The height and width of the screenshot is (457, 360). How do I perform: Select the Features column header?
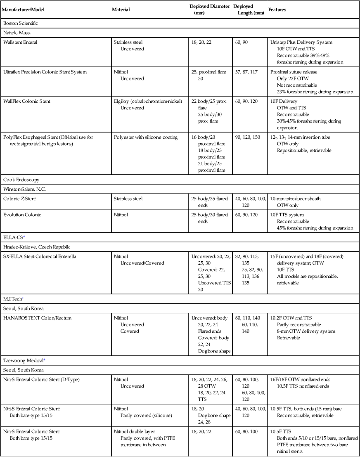click(277, 9)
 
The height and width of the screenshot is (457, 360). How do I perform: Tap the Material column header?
click(121, 9)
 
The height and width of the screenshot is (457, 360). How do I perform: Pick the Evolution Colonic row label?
click(22, 215)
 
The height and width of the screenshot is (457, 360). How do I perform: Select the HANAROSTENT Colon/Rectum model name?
click(33, 318)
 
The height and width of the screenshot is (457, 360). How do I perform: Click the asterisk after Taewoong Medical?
click(44, 360)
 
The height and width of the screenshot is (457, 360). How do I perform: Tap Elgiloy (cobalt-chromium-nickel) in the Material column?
click(147, 101)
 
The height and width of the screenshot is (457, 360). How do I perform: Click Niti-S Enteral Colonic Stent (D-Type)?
click(42, 379)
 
